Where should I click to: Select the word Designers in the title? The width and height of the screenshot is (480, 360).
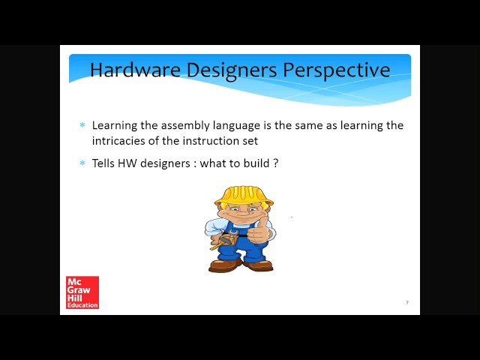click(x=231, y=70)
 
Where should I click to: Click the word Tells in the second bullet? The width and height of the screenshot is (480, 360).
click(x=104, y=163)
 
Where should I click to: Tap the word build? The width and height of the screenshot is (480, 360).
click(x=255, y=163)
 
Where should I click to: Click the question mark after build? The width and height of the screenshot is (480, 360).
click(x=276, y=163)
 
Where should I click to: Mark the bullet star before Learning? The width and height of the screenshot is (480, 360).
click(x=82, y=125)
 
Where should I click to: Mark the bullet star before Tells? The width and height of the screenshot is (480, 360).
click(x=82, y=163)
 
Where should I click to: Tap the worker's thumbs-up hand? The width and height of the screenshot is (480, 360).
click(x=257, y=232)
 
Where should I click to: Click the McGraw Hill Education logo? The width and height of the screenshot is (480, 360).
click(x=82, y=292)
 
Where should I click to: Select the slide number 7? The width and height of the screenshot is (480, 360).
click(x=407, y=302)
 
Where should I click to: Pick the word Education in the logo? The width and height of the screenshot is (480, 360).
click(x=82, y=305)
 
